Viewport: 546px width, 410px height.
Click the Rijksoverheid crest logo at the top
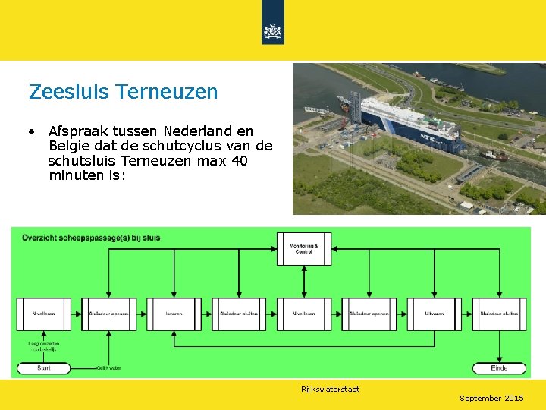point(272,31)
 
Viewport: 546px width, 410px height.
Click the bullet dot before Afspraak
point(31,132)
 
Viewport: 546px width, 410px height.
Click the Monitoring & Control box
point(304,248)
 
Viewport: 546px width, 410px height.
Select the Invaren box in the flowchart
point(174,314)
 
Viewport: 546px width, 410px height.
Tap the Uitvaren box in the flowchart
point(434,314)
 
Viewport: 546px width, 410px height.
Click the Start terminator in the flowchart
point(44,368)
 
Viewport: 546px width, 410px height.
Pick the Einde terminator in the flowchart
point(499,368)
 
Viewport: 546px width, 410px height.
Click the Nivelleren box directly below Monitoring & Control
point(304,314)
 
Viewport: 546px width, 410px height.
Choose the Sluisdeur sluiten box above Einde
point(499,314)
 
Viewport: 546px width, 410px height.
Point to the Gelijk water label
point(108,368)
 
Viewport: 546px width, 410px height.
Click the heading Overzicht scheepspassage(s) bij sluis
point(91,238)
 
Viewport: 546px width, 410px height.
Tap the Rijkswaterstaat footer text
point(330,389)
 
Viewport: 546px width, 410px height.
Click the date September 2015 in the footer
point(491,398)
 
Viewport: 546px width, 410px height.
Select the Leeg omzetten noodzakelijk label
point(44,345)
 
